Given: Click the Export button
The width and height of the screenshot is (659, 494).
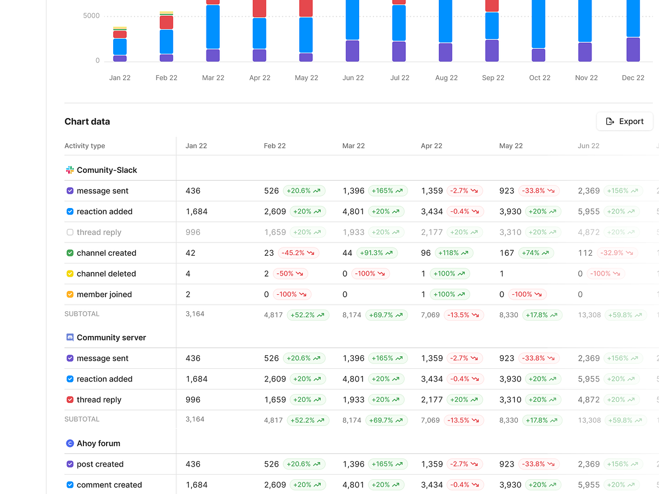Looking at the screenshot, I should point(624,121).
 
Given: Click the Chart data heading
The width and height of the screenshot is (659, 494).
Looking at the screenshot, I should point(87,122).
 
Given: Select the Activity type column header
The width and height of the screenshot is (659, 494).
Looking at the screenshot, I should point(85,146).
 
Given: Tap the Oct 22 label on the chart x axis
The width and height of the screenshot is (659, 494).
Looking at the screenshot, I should point(539,78).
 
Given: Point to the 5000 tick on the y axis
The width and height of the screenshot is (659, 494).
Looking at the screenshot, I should point(91,16).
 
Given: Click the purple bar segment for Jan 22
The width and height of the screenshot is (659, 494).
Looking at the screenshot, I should point(120,58).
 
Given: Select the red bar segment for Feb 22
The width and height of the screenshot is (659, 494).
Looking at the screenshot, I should point(166,23).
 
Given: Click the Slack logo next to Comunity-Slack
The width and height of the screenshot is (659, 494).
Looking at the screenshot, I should point(70,170).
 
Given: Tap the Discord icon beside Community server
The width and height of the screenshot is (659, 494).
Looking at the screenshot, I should point(70,338).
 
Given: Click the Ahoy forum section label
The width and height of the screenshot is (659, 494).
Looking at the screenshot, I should point(98,444).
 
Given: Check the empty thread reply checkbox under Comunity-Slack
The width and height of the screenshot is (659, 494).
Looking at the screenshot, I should point(70,232).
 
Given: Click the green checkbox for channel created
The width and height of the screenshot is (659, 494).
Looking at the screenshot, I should point(70,253).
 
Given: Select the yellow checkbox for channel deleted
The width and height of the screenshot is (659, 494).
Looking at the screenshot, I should point(70,274).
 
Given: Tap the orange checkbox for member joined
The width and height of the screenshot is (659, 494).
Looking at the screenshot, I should point(70,295).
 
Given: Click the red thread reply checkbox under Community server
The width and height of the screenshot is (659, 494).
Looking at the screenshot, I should point(70,400).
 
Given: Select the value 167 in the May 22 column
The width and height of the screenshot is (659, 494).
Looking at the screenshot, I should point(506,253).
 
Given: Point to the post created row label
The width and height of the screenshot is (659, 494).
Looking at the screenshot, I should point(100,464).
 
